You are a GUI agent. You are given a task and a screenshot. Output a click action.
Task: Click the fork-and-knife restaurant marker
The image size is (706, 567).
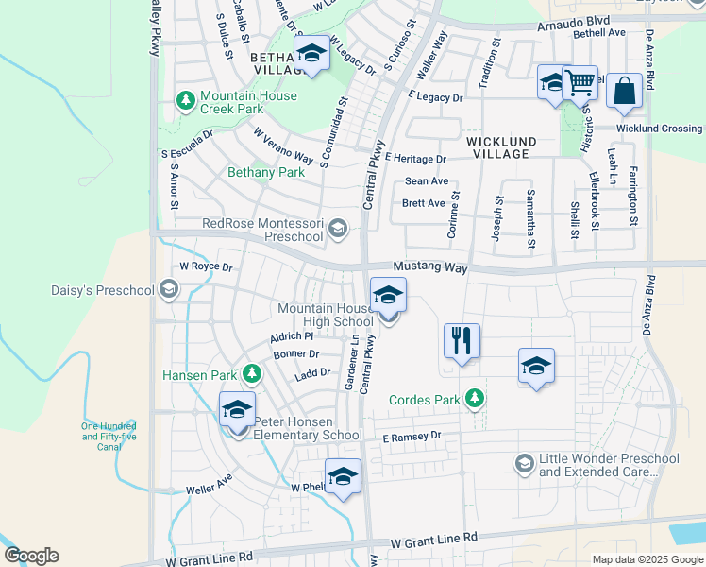coord(462,340)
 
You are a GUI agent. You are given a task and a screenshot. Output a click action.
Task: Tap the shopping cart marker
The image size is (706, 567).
coord(580,81)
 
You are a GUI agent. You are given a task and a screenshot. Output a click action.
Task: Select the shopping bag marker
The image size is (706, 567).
coord(624,91)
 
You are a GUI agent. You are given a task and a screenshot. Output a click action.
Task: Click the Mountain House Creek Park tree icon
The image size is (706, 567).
coord(186,99)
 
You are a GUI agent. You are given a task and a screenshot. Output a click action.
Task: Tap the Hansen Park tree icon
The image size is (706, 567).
coord(251,374)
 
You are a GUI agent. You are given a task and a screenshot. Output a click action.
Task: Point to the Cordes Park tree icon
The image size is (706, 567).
coord(478,399)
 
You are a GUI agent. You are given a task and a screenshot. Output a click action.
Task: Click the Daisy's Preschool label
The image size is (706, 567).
coord(103,289)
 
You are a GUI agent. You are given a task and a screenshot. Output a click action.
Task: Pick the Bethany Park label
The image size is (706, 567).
coord(266,173)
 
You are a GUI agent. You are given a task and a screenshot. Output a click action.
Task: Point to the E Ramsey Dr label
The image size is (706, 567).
coord(412,437)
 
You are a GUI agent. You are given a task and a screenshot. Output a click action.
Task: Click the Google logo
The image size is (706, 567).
coord(31,556)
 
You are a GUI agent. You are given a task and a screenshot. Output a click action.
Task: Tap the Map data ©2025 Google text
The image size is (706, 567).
coord(647,559)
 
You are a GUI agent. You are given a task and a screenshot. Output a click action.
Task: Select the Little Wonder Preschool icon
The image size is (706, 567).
coord(524,463)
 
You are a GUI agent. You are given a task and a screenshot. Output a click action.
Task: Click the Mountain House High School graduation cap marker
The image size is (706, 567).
coord(388,295)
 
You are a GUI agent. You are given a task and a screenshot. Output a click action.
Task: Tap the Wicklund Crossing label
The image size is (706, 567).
coord(659,129)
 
